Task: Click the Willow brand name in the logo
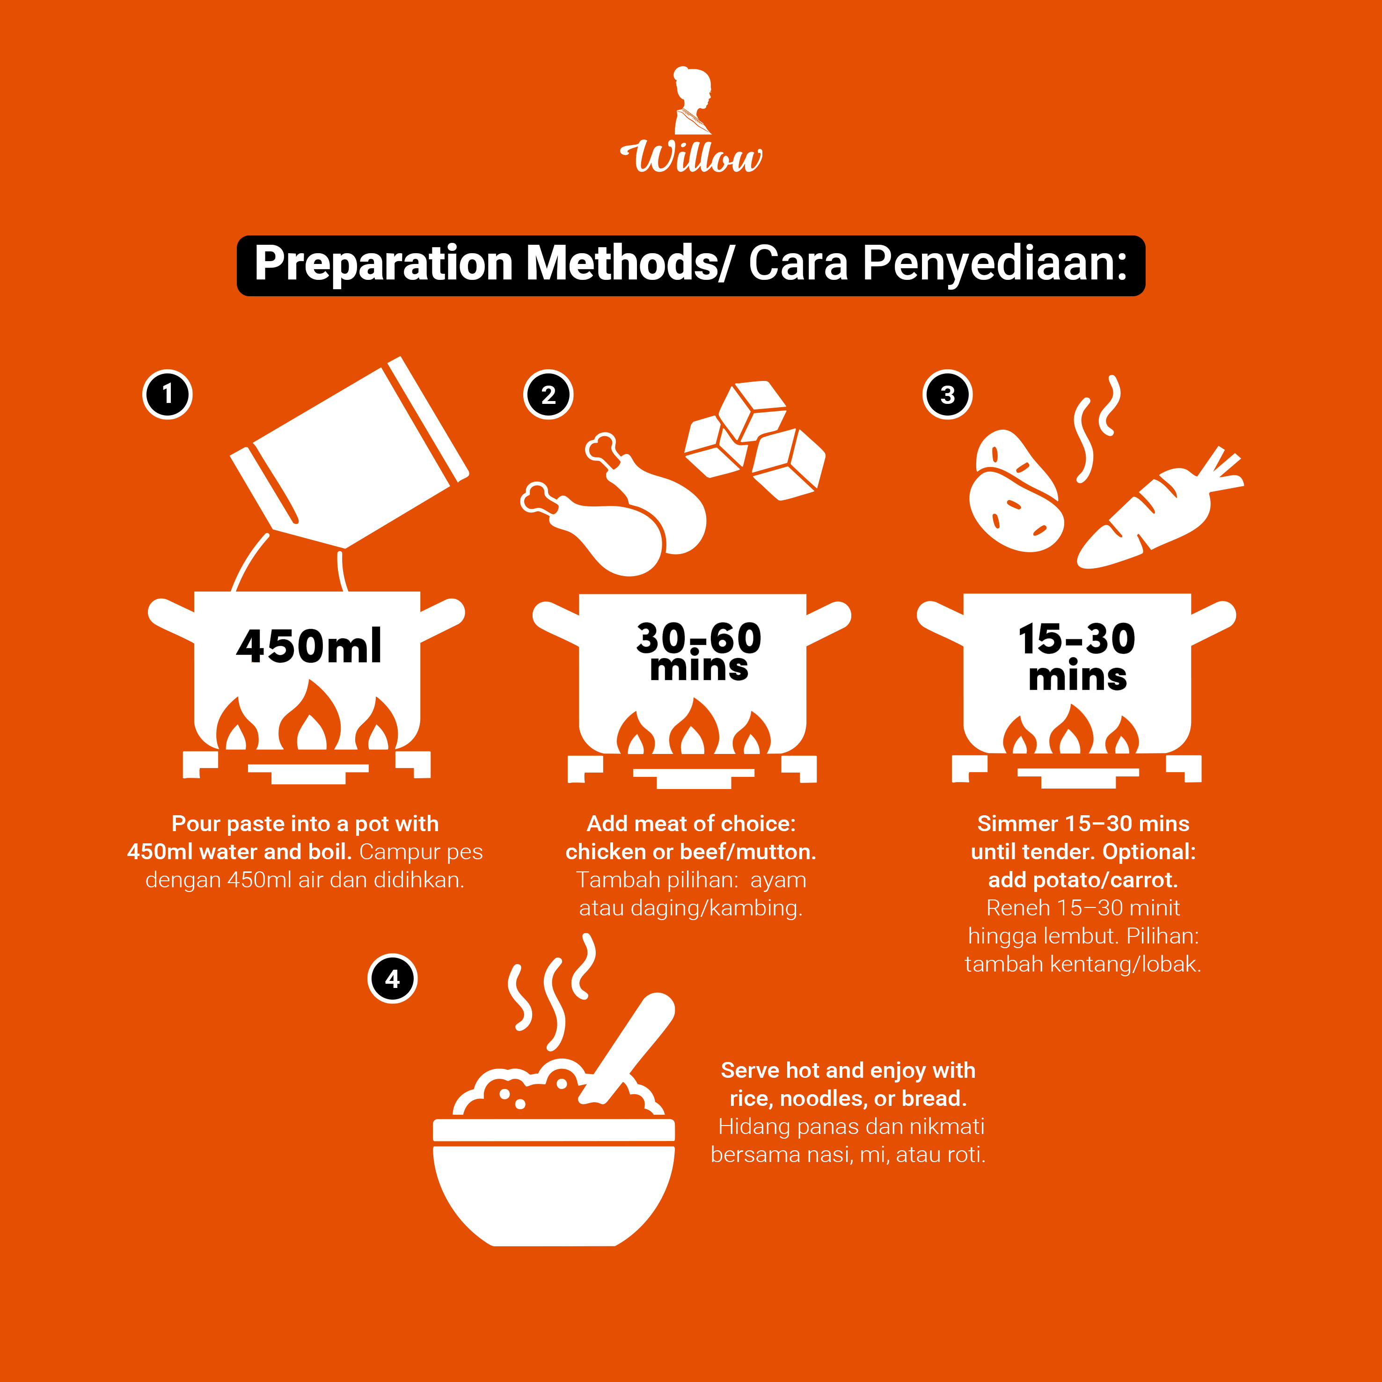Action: (x=691, y=156)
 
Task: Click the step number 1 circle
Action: (x=168, y=394)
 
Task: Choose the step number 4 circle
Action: (x=392, y=979)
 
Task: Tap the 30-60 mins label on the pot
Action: (x=699, y=651)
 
